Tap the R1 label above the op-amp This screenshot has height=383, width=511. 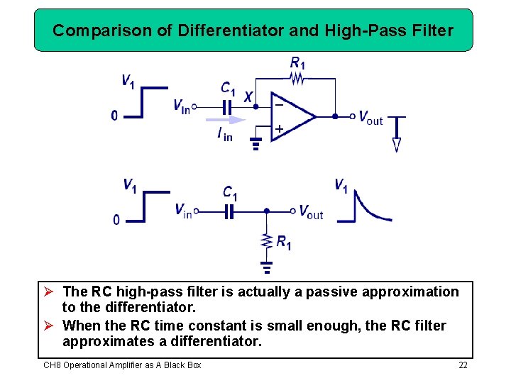297,63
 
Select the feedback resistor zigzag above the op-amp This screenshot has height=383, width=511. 297,79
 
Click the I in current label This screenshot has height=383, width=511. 224,133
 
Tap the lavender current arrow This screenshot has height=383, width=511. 224,119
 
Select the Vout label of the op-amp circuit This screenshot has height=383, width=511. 370,118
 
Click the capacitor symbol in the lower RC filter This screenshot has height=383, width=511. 229,211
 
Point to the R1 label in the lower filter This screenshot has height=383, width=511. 283,243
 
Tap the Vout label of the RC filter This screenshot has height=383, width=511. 311,212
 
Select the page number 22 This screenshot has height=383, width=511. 463,365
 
